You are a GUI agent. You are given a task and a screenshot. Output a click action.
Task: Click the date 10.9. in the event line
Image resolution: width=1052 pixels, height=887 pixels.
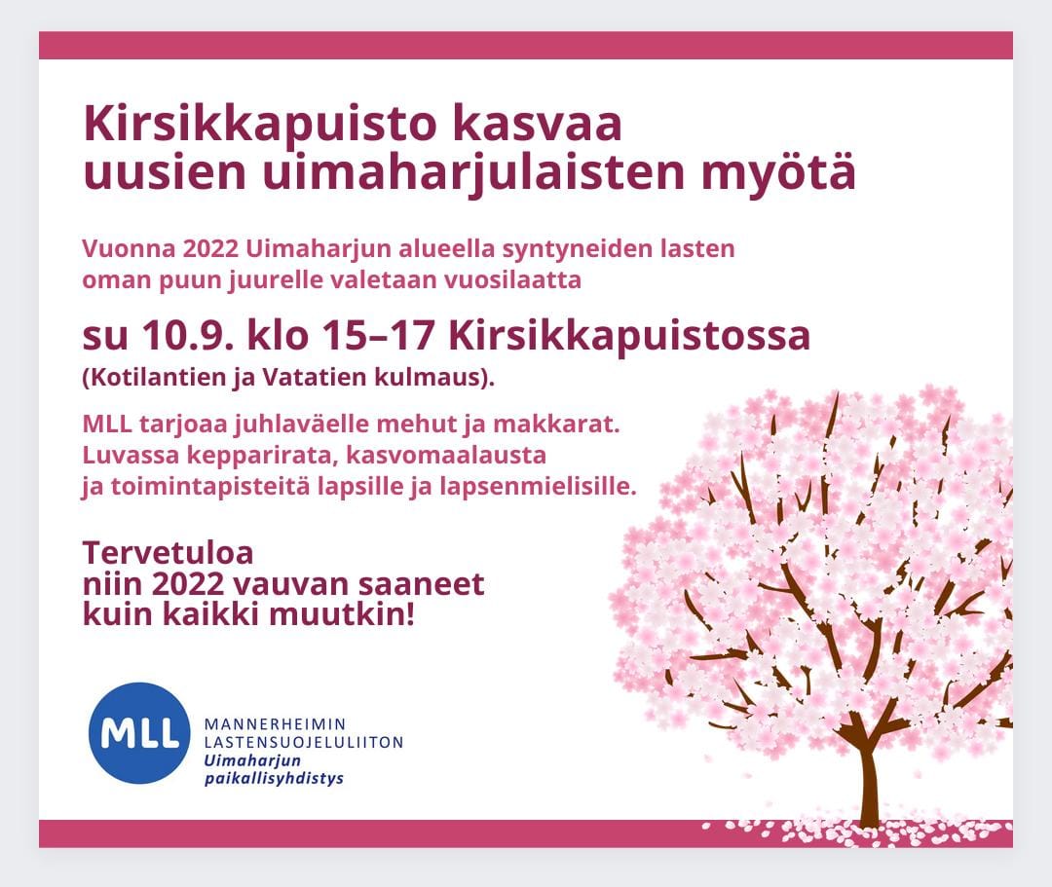(188, 335)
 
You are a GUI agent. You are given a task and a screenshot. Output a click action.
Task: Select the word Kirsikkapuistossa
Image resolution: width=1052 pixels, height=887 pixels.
(629, 337)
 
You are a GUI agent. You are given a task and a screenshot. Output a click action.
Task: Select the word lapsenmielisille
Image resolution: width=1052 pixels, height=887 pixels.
(538, 487)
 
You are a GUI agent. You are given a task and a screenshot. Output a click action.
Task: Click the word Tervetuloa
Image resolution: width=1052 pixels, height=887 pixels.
(168, 554)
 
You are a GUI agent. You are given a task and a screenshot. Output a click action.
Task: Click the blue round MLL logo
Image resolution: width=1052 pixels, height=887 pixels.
(139, 733)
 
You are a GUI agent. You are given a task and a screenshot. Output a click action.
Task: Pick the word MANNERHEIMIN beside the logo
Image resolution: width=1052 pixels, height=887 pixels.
(275, 724)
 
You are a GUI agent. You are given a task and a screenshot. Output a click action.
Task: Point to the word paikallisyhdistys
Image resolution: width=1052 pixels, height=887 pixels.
(274, 778)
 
